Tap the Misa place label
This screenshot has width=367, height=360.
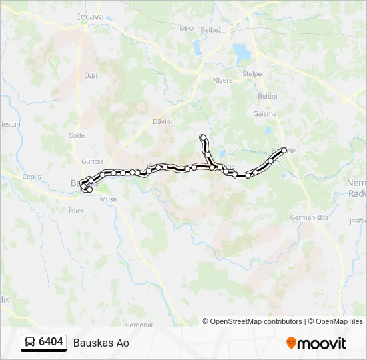pos(187,29)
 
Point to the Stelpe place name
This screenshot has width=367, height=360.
pos(252,73)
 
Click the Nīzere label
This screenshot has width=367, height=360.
pos(223,80)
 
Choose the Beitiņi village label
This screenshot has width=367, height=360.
pos(267,96)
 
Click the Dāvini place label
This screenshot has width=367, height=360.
pos(162,121)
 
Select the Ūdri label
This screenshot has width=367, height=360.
pos(91,76)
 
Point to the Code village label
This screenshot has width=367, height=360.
pos(77,135)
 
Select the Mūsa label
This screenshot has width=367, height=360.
pos(107,199)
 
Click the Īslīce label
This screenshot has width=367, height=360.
pos(76,211)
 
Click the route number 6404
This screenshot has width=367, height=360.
pos(51,342)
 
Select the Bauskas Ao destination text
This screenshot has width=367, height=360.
pos(101,343)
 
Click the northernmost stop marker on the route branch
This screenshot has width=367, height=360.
pos(202,137)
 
